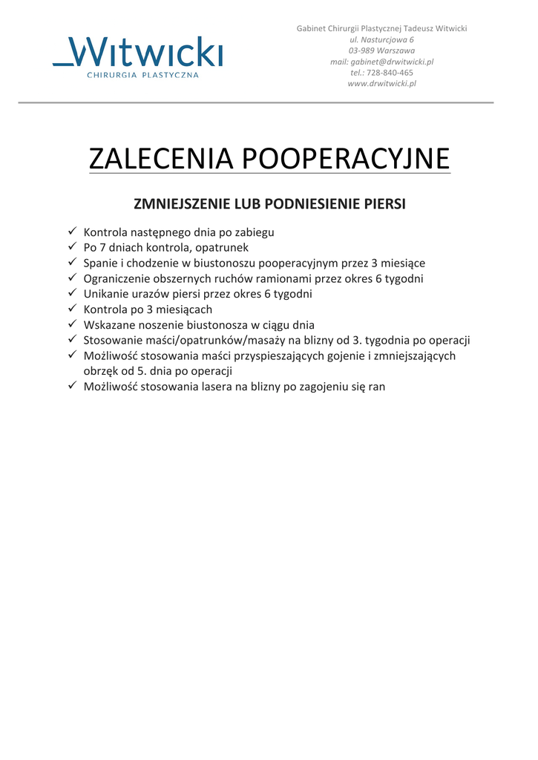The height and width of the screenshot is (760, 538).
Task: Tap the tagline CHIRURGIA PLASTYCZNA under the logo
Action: tap(143, 76)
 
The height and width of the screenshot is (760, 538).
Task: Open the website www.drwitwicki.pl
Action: tap(381, 84)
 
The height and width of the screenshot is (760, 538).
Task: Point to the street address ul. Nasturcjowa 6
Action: tap(381, 39)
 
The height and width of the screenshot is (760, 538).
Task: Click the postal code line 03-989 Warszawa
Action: tap(381, 50)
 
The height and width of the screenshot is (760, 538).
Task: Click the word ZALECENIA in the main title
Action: tap(161, 159)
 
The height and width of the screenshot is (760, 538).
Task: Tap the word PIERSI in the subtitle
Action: tap(384, 203)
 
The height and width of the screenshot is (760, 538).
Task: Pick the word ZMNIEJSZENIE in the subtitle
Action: tap(181, 203)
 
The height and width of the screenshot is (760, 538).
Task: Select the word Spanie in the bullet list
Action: tap(100, 263)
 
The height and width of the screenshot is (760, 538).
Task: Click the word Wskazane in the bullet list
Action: tap(108, 324)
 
